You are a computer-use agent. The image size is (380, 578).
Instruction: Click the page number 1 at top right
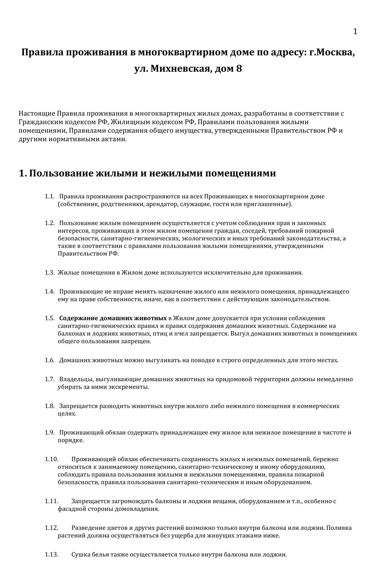click(355, 31)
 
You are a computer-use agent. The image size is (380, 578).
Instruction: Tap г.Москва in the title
click(331, 52)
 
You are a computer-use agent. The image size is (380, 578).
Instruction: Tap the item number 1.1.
click(49, 197)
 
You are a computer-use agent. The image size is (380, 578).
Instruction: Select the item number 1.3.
click(49, 273)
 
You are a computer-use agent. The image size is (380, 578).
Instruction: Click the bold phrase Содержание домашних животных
click(113, 318)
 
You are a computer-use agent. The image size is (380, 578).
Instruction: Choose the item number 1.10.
click(51, 459)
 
